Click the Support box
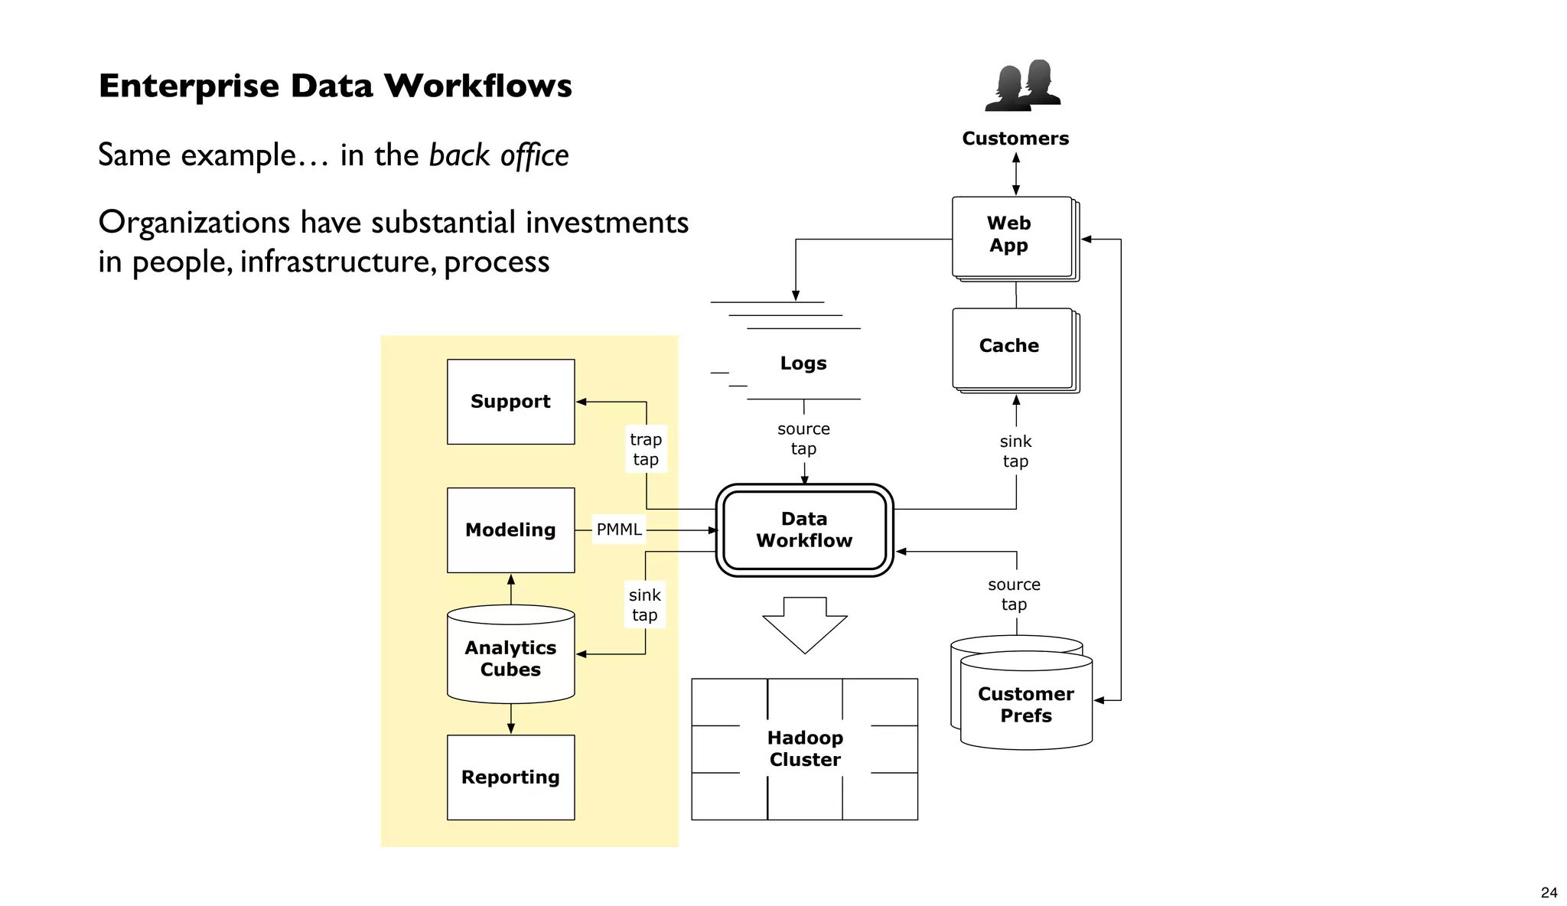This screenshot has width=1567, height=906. coord(510,402)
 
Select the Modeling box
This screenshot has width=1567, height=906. coord(510,530)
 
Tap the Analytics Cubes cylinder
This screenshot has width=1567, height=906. coord(510,658)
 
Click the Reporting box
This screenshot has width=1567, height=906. coord(510,777)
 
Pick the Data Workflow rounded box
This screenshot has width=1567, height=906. coord(804,530)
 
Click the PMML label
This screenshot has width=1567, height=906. coord(619,530)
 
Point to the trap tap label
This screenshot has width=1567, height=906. coord(646,449)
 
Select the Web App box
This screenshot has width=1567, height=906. coord(1012,236)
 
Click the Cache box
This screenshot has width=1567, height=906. coord(1012,347)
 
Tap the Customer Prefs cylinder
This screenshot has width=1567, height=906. coord(1025,704)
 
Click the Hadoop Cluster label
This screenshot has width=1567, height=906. coord(805,748)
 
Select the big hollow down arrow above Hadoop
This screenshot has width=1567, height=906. coord(805,624)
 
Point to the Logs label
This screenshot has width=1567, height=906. coord(803,363)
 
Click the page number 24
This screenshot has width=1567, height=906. coord(1549,892)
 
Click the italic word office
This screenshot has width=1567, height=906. coord(534,155)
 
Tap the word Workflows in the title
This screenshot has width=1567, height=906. coord(477,86)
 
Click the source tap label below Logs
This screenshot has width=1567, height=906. coord(803,438)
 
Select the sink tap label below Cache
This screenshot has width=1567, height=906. coord(1015,451)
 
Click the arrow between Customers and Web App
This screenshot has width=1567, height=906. coord(1016,174)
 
